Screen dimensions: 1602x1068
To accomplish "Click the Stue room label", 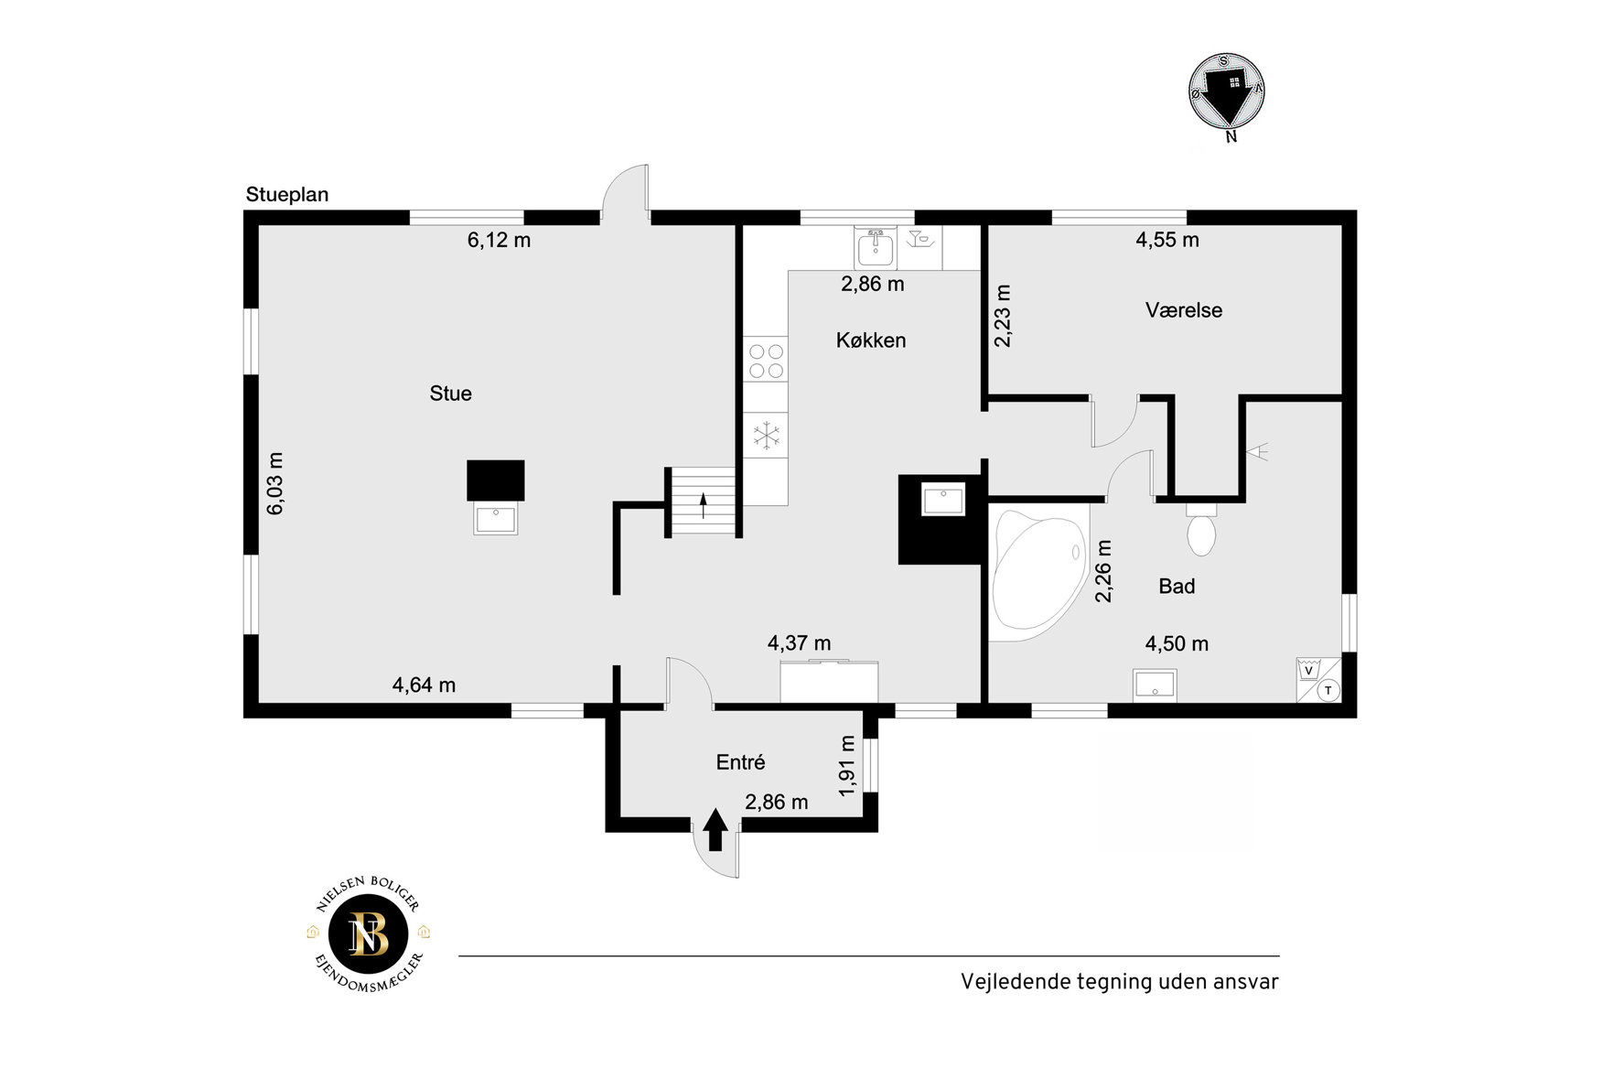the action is point(450,394).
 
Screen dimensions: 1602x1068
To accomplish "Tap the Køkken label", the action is point(871,340).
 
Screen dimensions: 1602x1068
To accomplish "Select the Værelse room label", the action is point(1184,310).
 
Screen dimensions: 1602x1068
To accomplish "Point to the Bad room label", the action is point(1177,587).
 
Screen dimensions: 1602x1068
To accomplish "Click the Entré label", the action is point(740,762).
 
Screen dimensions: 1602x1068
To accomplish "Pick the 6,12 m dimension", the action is point(499,241).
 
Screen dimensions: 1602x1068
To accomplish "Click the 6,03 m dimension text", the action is point(275,483).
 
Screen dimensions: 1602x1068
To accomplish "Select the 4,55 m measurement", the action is point(1167,240).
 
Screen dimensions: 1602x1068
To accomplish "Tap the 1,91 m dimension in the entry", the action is point(847,765).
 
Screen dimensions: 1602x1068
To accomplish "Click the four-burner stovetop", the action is point(766,360).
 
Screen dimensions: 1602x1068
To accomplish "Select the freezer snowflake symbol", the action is point(767,435).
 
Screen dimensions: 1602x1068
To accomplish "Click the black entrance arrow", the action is point(715,830).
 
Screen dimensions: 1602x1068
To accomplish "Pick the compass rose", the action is point(1227,91).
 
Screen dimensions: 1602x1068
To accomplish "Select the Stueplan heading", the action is point(287,195).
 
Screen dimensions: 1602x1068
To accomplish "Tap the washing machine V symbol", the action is point(1308,670).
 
